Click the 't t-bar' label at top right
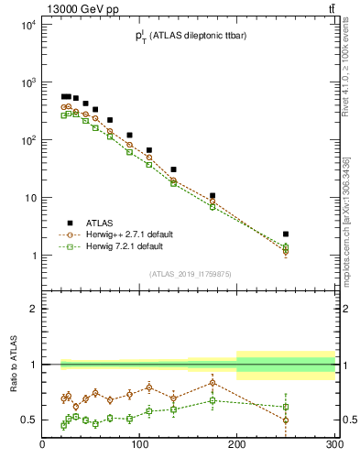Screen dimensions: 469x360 point(329,8)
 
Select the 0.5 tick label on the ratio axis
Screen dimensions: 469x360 point(27,420)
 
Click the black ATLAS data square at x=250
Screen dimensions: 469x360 point(286,234)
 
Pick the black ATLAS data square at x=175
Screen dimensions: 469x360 point(213,195)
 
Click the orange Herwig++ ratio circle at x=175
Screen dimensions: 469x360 point(213,383)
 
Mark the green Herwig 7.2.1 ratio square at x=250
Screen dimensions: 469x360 point(286,407)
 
